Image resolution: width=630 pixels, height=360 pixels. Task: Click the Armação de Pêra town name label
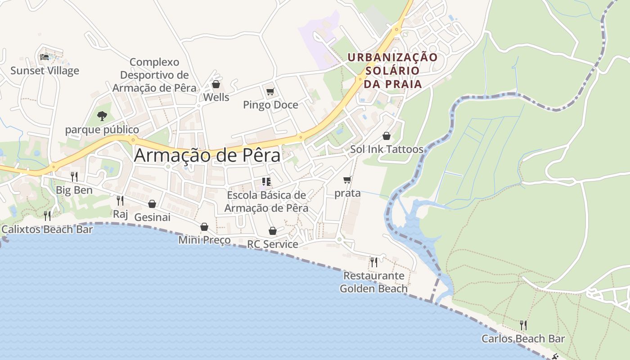point(207,155)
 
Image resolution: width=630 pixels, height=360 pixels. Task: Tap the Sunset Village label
point(45,71)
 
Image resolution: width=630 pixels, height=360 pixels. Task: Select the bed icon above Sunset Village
point(44,57)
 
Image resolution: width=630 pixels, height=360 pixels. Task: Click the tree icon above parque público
point(102,116)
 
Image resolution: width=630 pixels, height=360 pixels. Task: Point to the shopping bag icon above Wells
point(216,84)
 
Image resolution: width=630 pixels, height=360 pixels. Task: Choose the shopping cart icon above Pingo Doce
point(270,92)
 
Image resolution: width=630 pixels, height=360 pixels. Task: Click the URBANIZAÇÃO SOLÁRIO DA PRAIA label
point(392,71)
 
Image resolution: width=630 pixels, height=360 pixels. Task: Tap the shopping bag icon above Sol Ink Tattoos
point(387,136)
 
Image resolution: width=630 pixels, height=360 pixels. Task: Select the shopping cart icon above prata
point(347,180)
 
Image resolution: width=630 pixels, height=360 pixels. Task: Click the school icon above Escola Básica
point(266,182)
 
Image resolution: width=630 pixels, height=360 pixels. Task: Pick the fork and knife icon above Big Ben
point(74,176)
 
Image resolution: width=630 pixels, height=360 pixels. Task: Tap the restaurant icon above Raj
point(120,200)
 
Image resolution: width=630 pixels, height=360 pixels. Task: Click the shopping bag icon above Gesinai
point(152,204)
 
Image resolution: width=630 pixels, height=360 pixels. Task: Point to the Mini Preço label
point(204,240)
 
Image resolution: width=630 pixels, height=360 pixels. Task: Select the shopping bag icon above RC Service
point(273,231)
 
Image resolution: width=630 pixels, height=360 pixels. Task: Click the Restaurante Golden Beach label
point(373,282)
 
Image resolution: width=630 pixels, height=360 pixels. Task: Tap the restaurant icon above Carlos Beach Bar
point(523,325)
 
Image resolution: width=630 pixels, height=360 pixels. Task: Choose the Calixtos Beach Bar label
point(47,229)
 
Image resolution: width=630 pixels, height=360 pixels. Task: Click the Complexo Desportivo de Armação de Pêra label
point(154,75)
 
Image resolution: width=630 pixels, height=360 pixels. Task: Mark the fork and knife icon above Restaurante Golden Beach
point(373,262)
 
